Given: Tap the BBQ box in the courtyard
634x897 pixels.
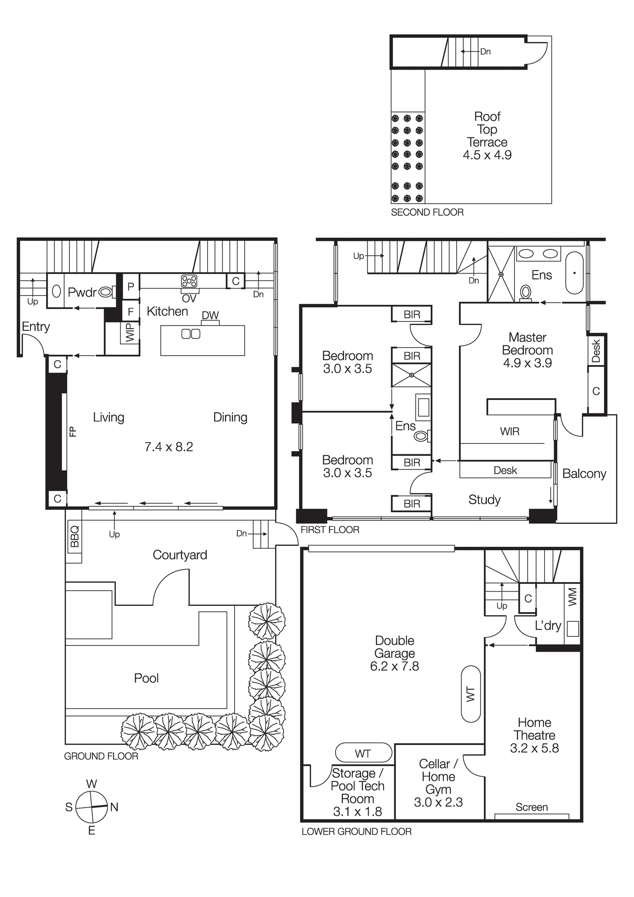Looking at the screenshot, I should tap(74, 536).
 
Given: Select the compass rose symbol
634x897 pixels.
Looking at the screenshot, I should tap(92, 807).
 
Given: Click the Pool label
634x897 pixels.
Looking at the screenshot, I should tap(146, 678).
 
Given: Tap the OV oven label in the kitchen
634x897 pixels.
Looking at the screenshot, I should tap(189, 298).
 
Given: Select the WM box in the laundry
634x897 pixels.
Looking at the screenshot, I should tap(573, 597).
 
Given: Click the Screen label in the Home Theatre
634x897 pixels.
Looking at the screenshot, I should tap(531, 807).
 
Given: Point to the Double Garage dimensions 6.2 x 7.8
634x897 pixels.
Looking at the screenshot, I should tap(394, 666).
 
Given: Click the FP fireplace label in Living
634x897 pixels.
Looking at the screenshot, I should tap(73, 431).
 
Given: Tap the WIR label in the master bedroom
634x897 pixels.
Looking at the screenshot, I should tap(510, 431).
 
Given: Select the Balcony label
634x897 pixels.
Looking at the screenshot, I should tap(584, 474).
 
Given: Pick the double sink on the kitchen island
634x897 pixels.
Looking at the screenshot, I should tap(191, 334).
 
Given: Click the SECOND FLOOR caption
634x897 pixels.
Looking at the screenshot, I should tap(427, 213).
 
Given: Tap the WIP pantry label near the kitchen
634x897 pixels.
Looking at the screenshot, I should tap(130, 333).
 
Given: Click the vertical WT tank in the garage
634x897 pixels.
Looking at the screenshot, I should tap(471, 694).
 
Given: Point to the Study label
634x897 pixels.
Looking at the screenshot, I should tap(484, 500).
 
